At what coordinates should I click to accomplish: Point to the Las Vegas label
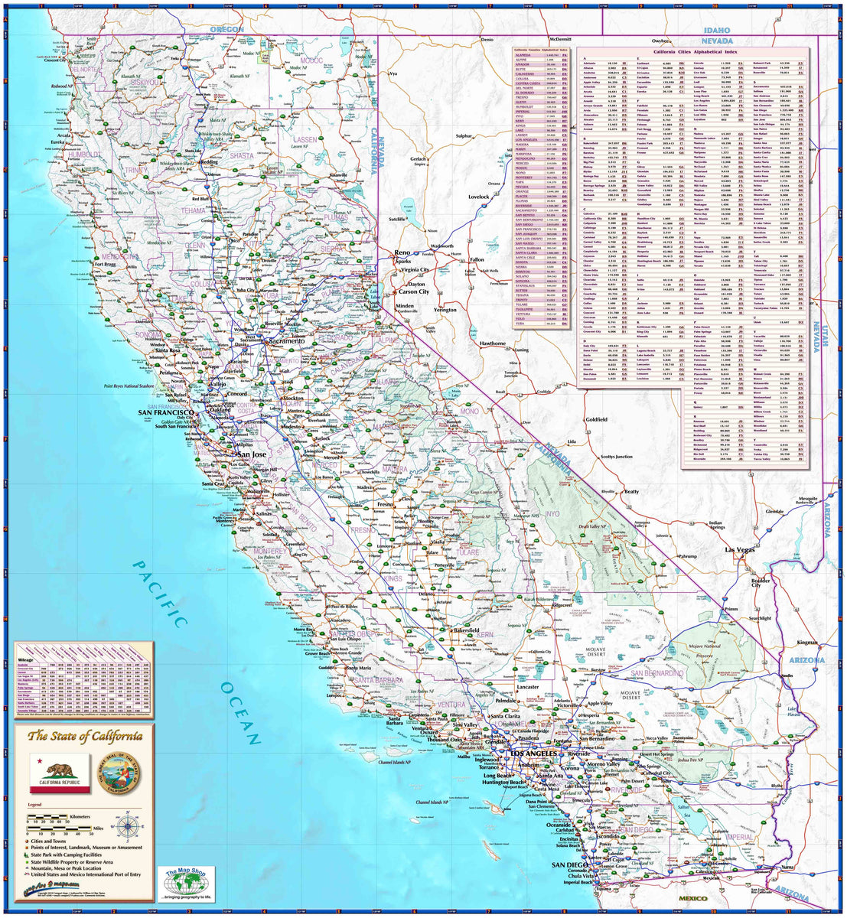(x=741, y=550)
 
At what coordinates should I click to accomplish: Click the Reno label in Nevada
(x=402, y=252)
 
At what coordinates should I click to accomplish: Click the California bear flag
(x=50, y=773)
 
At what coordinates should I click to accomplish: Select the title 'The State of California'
(x=84, y=737)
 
